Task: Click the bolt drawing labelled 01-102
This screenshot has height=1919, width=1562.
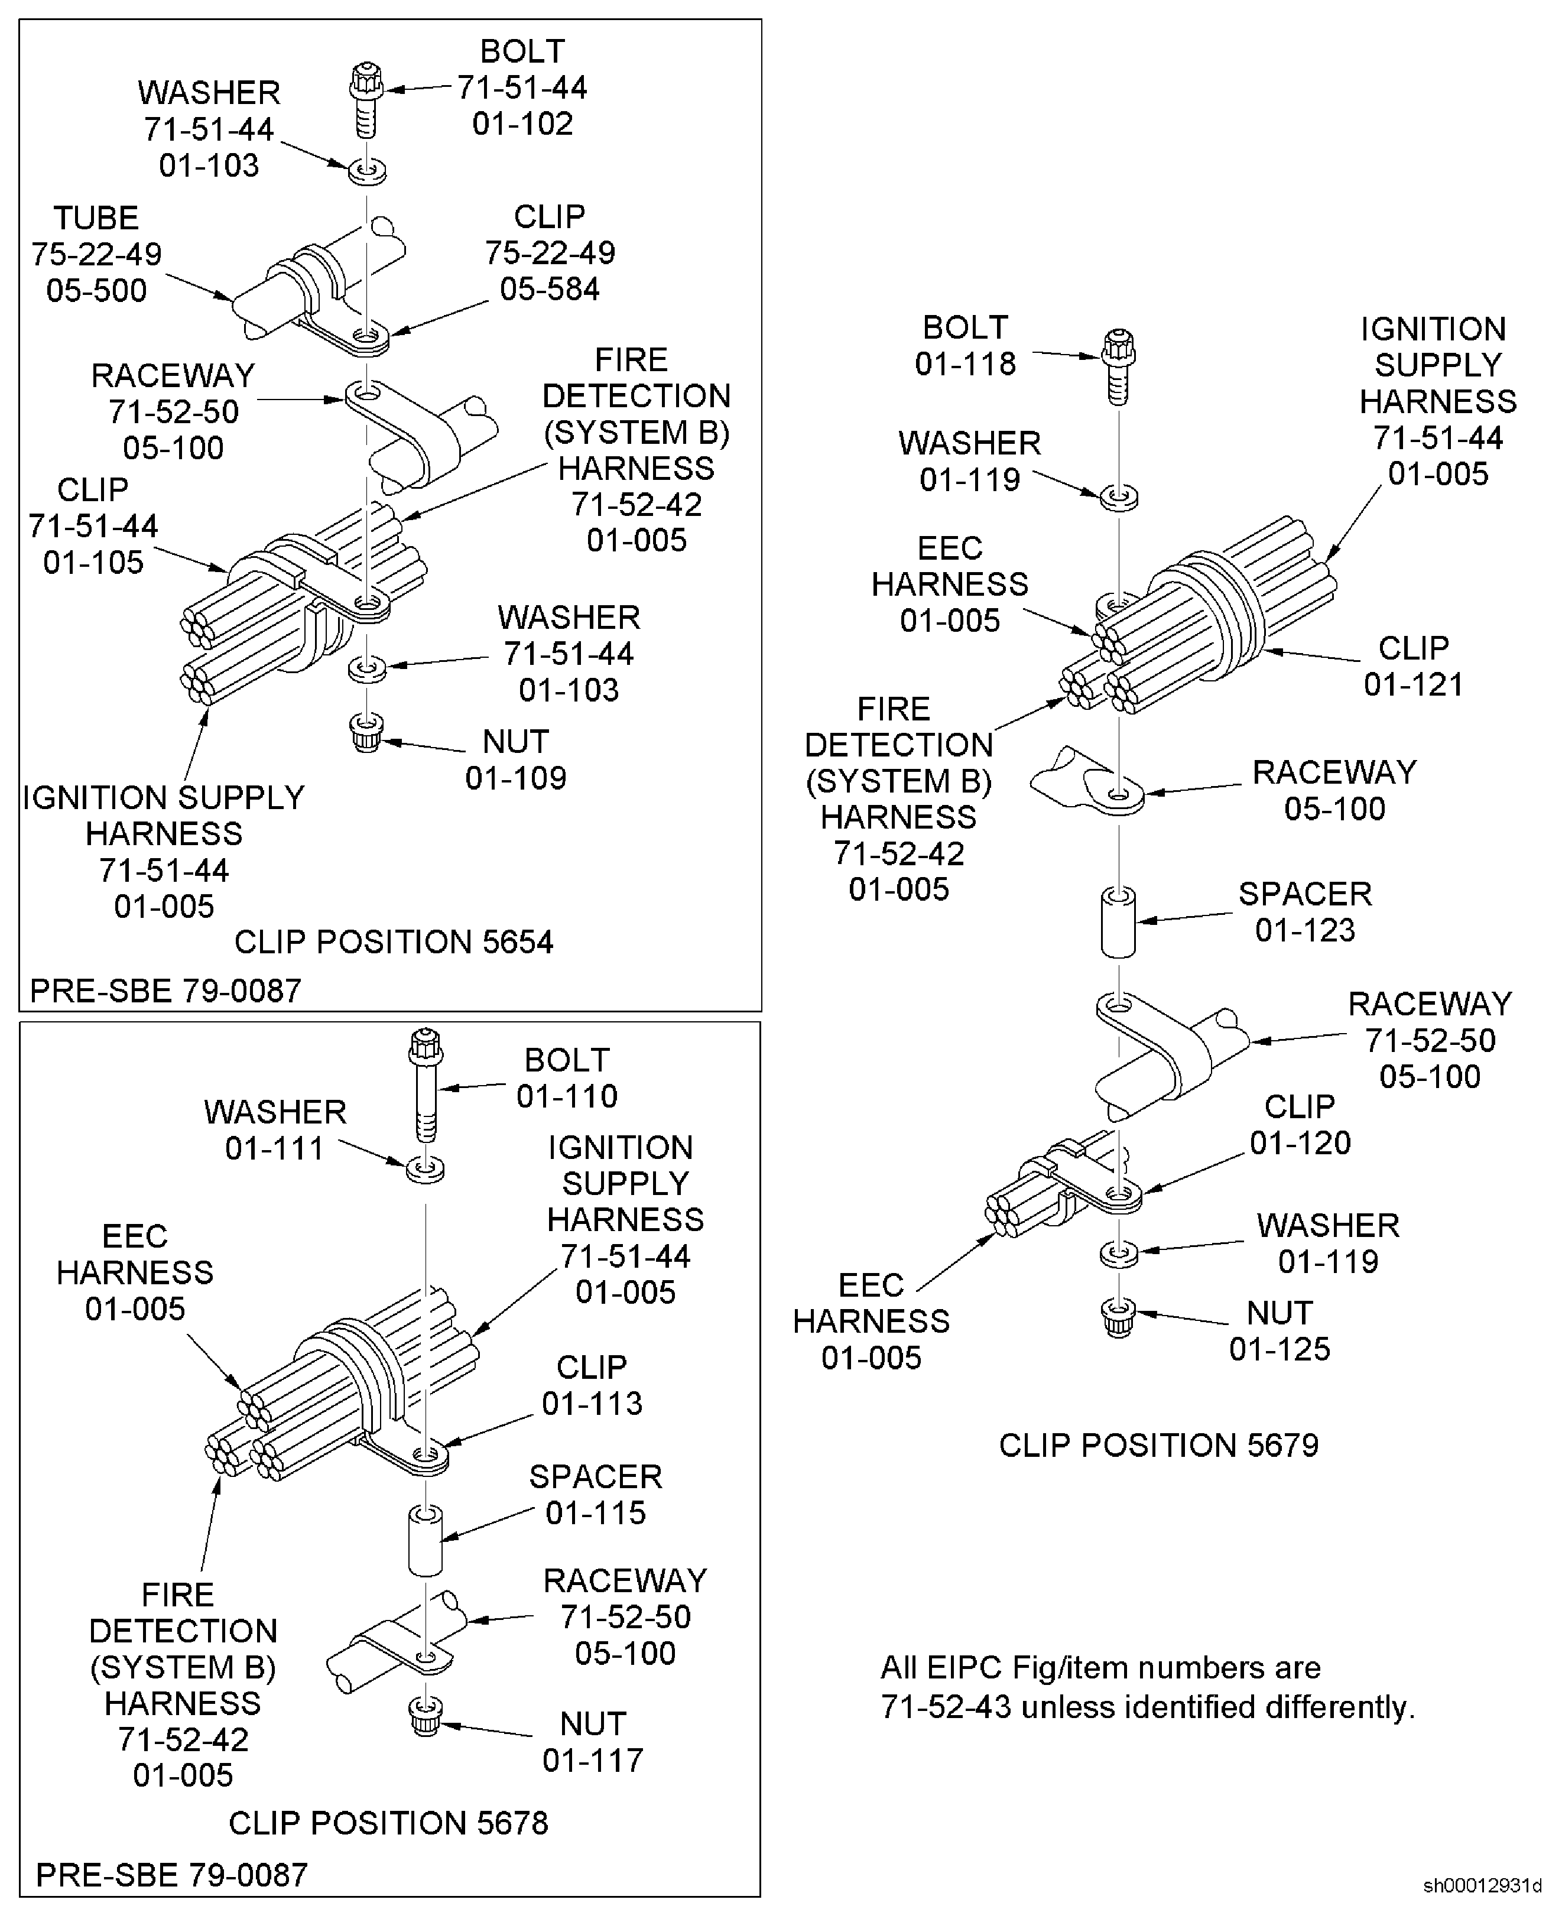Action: (366, 99)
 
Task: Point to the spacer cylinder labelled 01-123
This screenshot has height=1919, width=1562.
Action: (1118, 922)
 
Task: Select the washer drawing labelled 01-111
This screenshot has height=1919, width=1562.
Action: (426, 1170)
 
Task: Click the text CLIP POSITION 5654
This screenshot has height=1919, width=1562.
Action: (394, 942)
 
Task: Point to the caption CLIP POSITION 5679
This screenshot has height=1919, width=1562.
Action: (1159, 1445)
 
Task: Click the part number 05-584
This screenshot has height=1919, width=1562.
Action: (550, 289)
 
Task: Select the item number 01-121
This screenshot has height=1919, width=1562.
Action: (1414, 684)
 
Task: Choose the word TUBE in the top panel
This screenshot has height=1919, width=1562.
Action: (96, 217)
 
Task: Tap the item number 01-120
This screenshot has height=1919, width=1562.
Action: (1300, 1142)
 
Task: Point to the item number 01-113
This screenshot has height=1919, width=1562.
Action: (592, 1404)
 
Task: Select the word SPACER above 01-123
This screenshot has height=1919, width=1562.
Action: (1306, 894)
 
